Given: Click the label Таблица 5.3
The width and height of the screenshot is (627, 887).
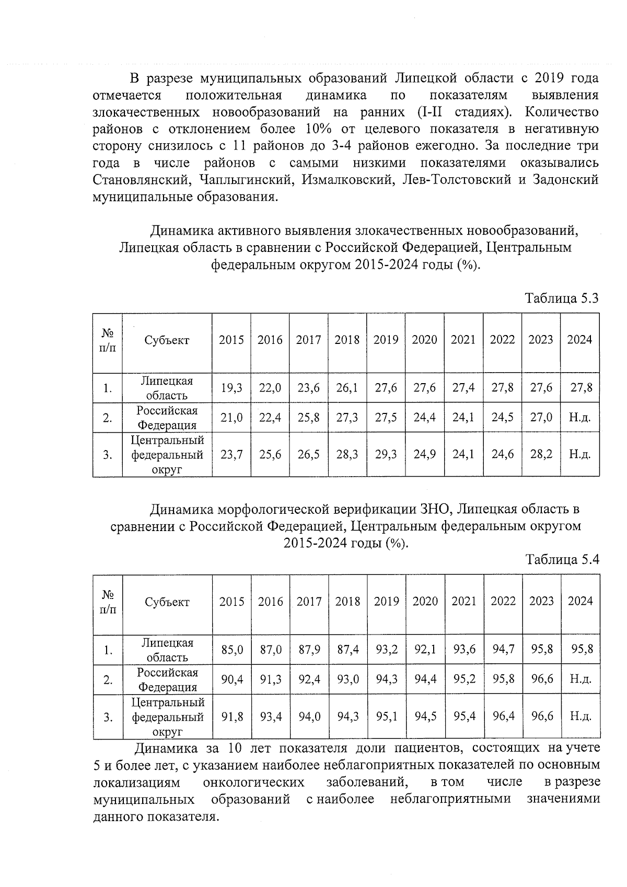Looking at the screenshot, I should pos(562,298).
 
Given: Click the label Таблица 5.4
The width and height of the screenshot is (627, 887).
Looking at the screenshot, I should pos(562,560).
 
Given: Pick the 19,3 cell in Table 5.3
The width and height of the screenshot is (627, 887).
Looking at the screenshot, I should pos(231,388).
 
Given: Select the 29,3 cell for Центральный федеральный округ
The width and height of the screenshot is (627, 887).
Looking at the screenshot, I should pos(386,454).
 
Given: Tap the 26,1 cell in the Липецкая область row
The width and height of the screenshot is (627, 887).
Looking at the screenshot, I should pos(347,388).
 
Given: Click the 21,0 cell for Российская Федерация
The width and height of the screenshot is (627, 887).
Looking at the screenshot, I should pos(231,418).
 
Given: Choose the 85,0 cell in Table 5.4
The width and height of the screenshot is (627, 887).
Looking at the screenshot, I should pos(232,650).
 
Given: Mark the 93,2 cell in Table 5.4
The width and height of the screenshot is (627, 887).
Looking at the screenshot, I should pos(387,650).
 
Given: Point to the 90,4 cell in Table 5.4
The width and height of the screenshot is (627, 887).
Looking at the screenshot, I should pos(232,679).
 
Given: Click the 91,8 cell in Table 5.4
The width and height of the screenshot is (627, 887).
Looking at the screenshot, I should pos(232,716).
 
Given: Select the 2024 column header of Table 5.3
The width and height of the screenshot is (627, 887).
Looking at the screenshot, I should pos(579,340).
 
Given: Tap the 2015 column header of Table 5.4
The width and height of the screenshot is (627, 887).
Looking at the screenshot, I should pos(232,602).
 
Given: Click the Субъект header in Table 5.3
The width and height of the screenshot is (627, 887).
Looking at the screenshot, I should pos(167,340).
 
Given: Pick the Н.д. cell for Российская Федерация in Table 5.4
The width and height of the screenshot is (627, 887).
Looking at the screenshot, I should pos(580,679).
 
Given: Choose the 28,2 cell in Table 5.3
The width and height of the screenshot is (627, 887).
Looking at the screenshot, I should pos(541,454).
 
